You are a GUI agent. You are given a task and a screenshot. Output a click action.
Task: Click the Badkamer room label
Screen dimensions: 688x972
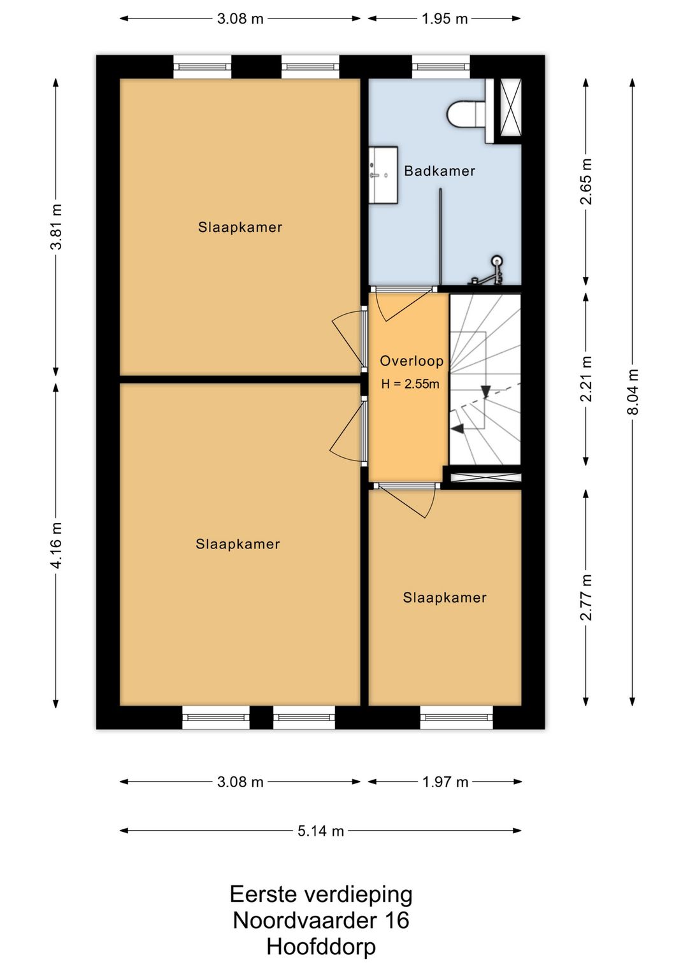(440, 171)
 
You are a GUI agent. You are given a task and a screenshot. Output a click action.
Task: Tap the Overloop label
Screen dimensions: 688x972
(412, 361)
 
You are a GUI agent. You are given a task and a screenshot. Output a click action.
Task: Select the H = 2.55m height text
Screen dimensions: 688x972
(410, 384)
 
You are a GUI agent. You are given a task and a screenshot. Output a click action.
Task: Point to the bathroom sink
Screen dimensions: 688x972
(383, 175)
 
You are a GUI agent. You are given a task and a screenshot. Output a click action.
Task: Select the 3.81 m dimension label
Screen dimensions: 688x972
(57, 227)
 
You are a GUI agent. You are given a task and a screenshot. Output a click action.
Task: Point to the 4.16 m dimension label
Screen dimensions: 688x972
(57, 545)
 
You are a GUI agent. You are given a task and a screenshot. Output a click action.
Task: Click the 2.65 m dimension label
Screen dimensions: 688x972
(587, 182)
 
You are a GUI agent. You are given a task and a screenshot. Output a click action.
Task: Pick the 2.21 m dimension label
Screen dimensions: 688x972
(587, 379)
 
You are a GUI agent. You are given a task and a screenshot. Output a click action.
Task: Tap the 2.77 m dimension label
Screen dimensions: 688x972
(587, 597)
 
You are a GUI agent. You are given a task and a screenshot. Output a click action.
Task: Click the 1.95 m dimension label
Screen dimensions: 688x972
(445, 18)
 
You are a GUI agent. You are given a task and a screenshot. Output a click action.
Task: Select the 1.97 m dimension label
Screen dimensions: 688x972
(445, 782)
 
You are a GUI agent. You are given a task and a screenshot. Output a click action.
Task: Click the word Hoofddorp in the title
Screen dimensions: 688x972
(321, 947)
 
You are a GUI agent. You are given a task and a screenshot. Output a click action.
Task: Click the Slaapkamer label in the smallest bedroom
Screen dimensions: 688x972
(445, 597)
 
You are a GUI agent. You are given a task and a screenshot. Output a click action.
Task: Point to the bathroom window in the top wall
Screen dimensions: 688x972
(441, 67)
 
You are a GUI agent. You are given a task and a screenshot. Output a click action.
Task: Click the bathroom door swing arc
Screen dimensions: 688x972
(380, 309)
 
